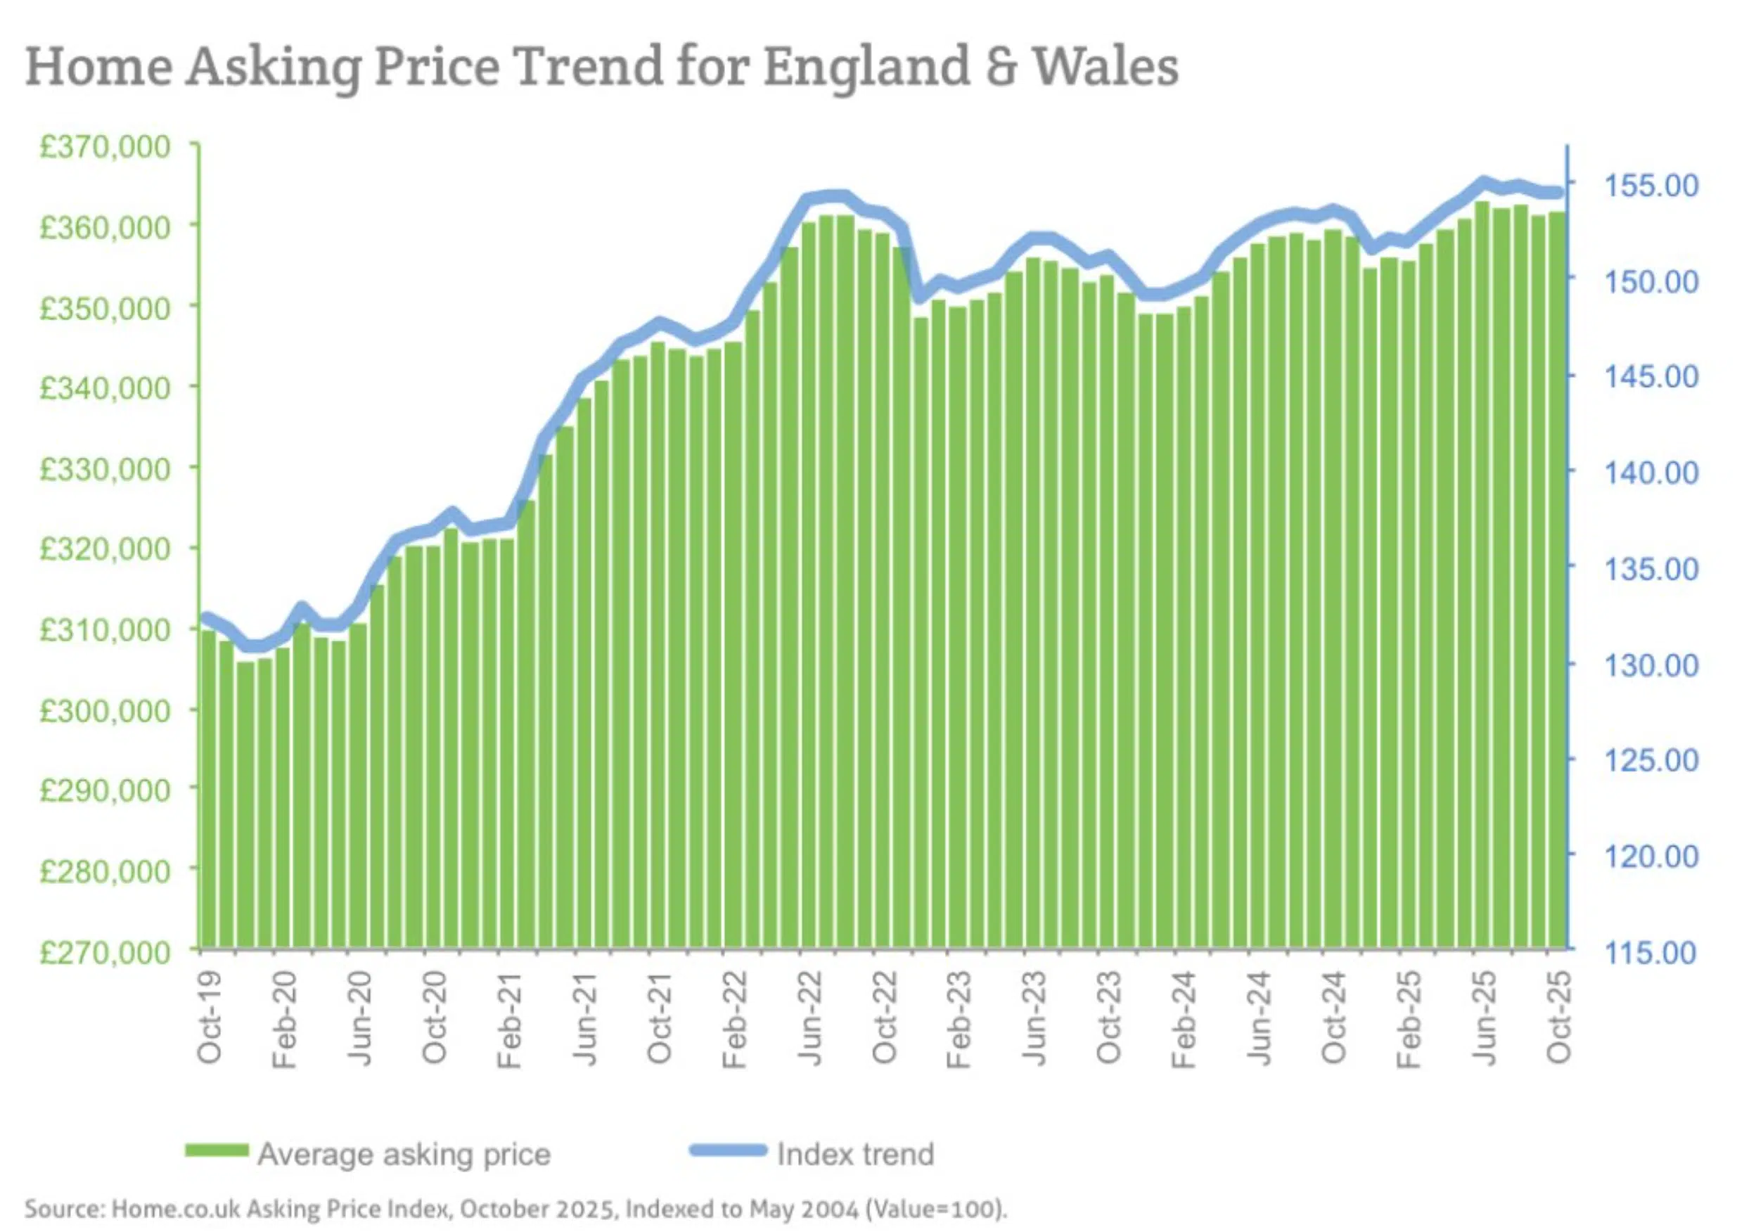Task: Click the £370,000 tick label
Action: pyautogui.click(x=105, y=146)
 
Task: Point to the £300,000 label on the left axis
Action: pyautogui.click(x=105, y=711)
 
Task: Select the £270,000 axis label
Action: pyautogui.click(x=105, y=952)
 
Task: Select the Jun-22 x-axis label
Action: pyautogui.click(x=811, y=1017)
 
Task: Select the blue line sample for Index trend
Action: pyautogui.click(x=728, y=1150)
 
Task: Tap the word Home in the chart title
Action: pyautogui.click(x=99, y=67)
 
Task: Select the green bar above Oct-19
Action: pyautogui.click(x=208, y=789)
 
